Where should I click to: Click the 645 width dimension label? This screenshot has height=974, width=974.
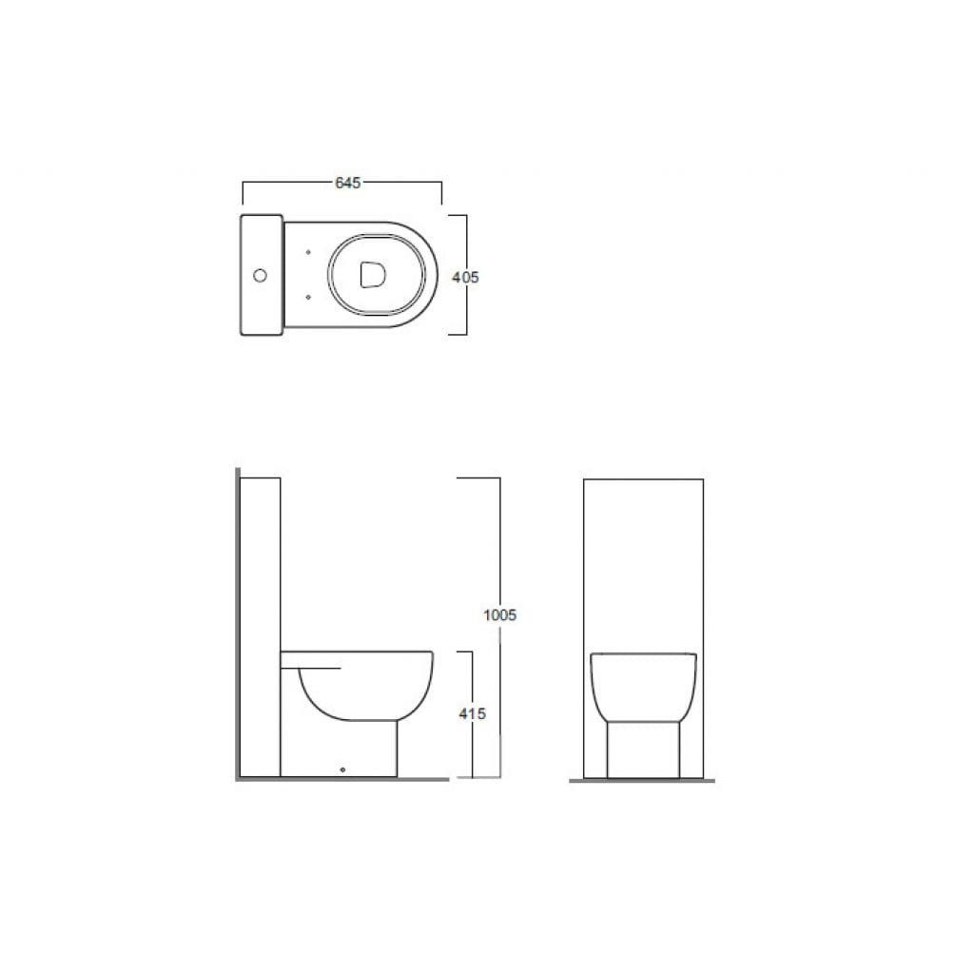click(348, 183)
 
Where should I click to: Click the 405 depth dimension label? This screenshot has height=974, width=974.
click(465, 278)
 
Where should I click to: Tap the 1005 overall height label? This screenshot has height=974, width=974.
click(500, 615)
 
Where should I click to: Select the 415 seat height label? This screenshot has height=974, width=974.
click(472, 714)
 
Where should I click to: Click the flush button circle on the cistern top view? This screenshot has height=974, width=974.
click(261, 275)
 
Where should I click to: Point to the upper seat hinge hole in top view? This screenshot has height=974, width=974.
click(308, 252)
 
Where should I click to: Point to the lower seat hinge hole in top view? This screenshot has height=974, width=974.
click(308, 298)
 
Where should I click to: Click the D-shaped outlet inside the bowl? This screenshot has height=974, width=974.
click(373, 275)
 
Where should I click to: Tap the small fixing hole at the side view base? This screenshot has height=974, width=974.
click(342, 770)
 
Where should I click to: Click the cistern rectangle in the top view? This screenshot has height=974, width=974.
click(262, 275)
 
